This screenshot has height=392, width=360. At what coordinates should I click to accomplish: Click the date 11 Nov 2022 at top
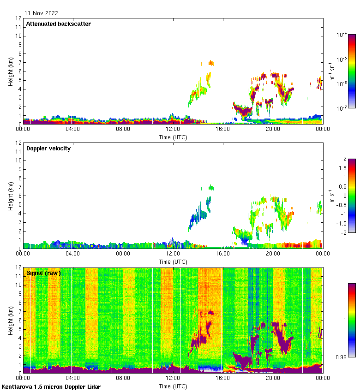pyautogui.click(x=42, y=13)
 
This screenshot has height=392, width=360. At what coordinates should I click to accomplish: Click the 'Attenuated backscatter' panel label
pyautogui.click(x=58, y=24)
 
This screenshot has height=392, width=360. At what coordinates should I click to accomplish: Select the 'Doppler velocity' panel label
pyautogui.click(x=48, y=148)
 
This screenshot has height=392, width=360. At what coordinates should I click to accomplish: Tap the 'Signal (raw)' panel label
pyautogui.click(x=43, y=273)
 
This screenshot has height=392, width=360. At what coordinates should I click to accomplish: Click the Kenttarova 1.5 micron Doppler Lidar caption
pyautogui.click(x=51, y=386)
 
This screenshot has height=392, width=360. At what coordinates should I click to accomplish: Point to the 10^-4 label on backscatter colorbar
pyautogui.click(x=342, y=35)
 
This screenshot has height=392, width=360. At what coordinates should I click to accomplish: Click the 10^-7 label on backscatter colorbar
pyautogui.click(x=342, y=108)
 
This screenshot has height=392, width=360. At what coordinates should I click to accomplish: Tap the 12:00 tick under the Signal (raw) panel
pyautogui.click(x=173, y=378)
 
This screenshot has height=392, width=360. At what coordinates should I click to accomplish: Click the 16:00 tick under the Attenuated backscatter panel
pyautogui.click(x=223, y=129)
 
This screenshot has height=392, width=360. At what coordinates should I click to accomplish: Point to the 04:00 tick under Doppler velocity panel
pyautogui.click(x=73, y=253)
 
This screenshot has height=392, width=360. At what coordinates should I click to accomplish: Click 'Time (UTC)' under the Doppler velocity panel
pyautogui.click(x=173, y=261)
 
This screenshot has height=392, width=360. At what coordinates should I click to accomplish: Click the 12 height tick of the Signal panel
pyautogui.click(x=19, y=267)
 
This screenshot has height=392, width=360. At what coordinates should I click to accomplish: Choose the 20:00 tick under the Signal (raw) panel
pyautogui.click(x=273, y=378)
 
